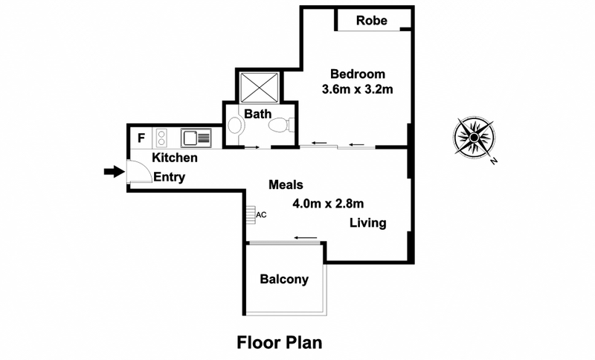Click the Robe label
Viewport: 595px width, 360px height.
[x=372, y=20]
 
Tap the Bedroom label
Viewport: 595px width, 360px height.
[x=357, y=74]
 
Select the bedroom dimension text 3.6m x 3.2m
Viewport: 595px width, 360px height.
[x=357, y=89]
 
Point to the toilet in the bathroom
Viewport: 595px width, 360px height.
[x=280, y=126]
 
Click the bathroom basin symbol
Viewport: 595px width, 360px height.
[x=235, y=126]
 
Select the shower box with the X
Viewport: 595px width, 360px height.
[x=257, y=87]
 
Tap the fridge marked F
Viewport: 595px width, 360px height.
[x=141, y=138]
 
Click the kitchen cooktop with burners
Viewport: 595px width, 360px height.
[x=160, y=138]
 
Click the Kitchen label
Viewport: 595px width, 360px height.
[x=175, y=158]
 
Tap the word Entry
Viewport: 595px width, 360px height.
[x=169, y=177]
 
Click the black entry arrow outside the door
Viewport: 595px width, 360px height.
[x=112, y=173]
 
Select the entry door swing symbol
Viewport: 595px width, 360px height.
[x=136, y=172]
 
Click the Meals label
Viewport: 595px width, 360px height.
[x=286, y=184]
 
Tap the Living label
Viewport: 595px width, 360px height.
[x=368, y=223]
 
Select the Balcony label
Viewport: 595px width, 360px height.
[x=283, y=280]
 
